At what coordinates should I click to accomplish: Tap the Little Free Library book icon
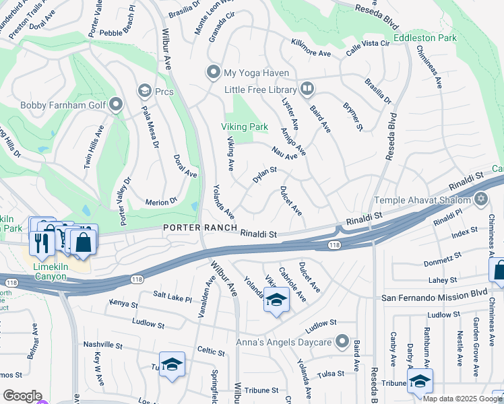(307, 89)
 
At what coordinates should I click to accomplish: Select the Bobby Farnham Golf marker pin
(116, 104)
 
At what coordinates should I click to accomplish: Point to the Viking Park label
(245, 127)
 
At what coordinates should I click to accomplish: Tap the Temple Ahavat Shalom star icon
(480, 198)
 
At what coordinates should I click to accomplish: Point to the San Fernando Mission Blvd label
(434, 297)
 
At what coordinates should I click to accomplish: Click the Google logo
(22, 395)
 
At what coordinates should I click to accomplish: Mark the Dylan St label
(265, 175)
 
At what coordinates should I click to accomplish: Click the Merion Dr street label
(160, 201)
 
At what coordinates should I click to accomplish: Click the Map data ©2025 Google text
(462, 399)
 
